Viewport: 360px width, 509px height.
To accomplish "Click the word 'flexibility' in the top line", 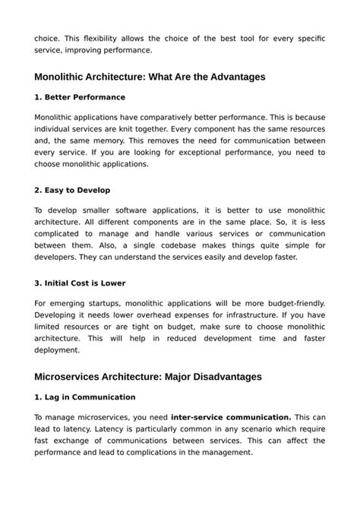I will [99, 37].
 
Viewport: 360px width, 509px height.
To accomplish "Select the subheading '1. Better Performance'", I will [80, 97].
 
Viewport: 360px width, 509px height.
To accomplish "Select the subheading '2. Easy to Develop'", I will [73, 191].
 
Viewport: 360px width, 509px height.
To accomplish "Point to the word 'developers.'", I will [58, 257].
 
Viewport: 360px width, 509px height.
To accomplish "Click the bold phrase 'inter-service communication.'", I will [231, 416].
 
